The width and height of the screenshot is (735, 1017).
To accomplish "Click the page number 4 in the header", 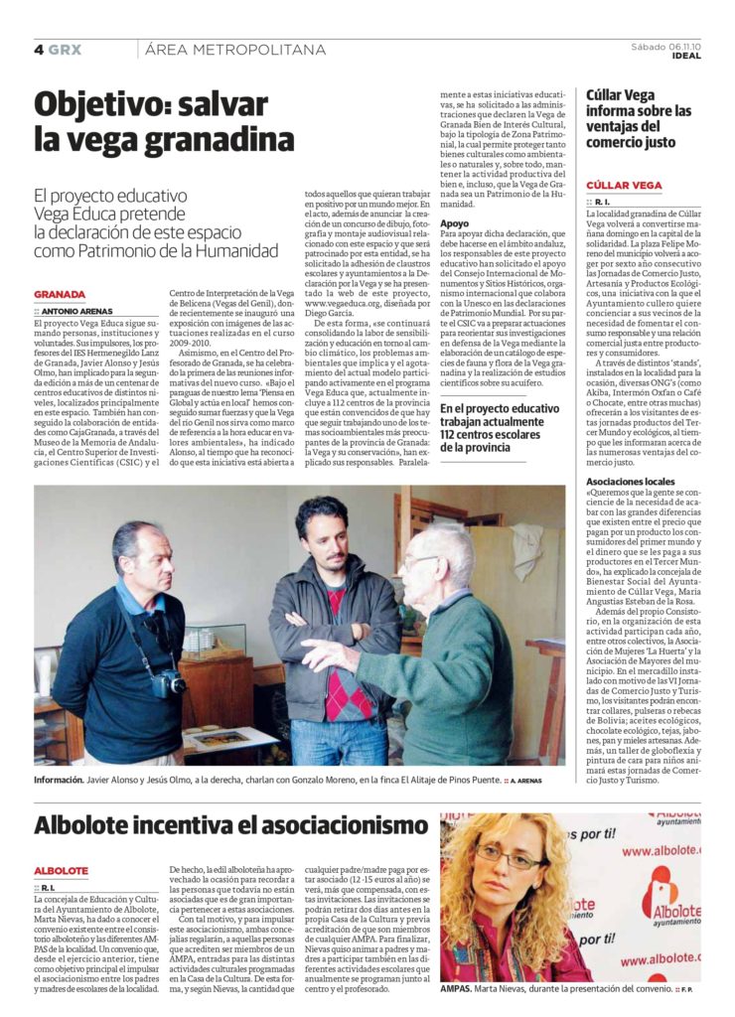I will (39, 49).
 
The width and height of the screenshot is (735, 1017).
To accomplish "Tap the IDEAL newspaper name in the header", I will (686, 56).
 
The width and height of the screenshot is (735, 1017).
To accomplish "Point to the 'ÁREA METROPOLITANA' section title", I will (234, 49).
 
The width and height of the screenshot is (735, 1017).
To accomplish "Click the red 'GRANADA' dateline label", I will (60, 295).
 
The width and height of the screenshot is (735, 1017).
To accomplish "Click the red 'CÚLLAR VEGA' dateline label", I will (624, 186).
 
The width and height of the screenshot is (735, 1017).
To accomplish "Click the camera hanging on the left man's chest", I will (171, 681).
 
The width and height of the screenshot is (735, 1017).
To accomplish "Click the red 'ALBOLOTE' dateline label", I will (62, 871).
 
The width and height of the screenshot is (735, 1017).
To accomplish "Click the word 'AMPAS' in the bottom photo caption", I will (458, 990).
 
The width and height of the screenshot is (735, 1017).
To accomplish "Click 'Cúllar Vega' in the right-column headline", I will (621, 95).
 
